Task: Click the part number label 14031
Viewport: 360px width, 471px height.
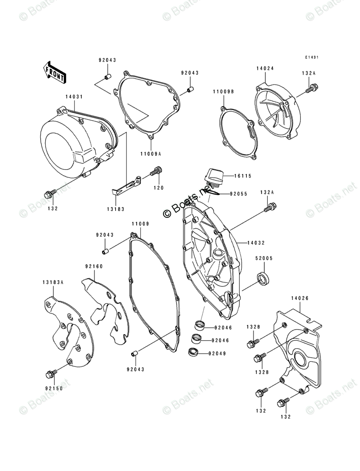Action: [x=74, y=97]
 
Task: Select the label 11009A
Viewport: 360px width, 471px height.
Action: [x=151, y=154]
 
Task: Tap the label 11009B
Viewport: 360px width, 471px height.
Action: [x=223, y=92]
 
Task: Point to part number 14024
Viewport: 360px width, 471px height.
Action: [x=265, y=68]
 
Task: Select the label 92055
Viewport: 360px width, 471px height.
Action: [x=239, y=194]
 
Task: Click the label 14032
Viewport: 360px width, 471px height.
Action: [x=256, y=243]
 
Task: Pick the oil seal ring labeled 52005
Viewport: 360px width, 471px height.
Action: [x=264, y=278]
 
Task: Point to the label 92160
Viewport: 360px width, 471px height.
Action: [x=94, y=266]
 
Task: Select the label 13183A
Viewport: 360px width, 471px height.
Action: [x=53, y=282]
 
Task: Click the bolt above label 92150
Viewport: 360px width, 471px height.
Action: [x=50, y=374]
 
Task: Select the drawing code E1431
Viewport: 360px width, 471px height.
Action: [x=312, y=58]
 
